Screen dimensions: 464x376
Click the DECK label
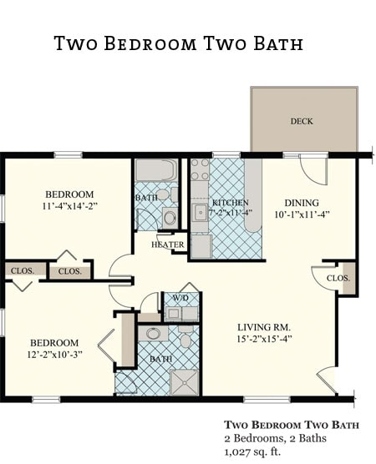pos(302,121)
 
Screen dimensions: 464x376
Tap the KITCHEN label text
pos(229,203)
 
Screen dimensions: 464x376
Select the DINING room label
pos(302,202)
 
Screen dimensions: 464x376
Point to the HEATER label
pos(168,245)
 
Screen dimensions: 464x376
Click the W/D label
pos(180,298)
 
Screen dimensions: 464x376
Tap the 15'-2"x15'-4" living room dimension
pos(262,339)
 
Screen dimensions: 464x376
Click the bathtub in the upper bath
pos(155,170)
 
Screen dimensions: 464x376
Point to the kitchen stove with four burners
pos(200,169)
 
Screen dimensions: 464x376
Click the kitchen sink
pos(201,212)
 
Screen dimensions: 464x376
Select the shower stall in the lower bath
pos(184,381)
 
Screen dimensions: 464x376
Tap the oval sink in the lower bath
pos(152,334)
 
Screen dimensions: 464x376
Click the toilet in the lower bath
pos(185,337)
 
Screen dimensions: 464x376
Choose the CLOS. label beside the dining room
pos(338,278)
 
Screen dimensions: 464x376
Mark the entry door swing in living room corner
pos(328,381)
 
